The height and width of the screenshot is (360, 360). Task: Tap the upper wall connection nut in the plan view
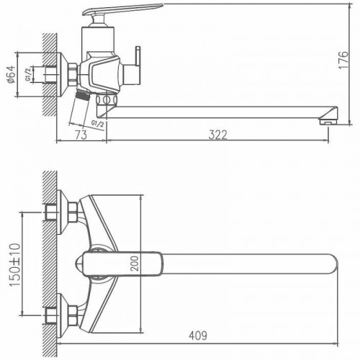coord(71,212)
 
